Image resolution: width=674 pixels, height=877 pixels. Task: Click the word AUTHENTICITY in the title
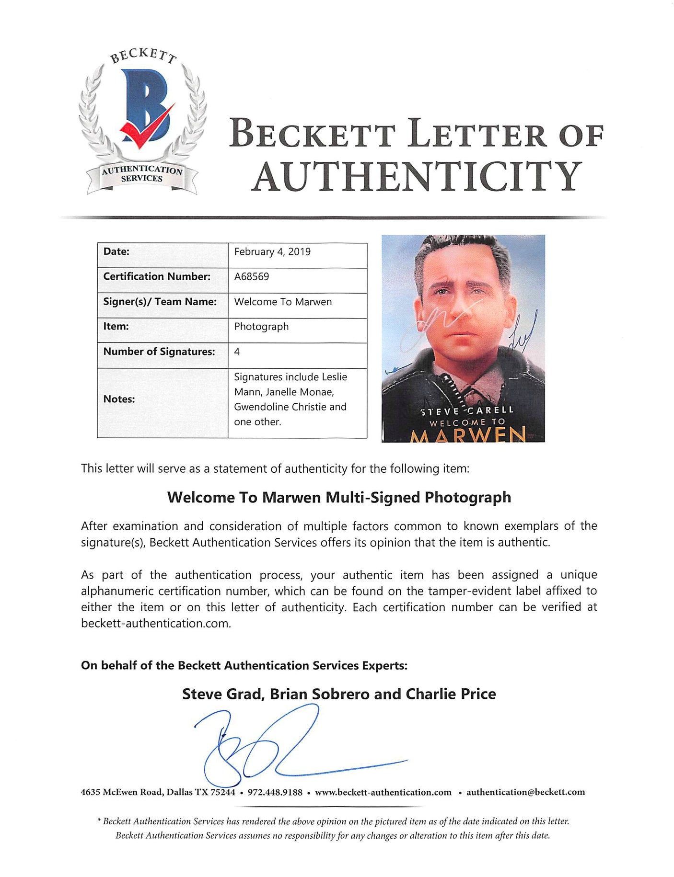coord(417,176)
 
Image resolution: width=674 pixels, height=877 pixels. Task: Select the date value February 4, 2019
coord(272,252)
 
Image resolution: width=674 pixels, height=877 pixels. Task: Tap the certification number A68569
coord(252,277)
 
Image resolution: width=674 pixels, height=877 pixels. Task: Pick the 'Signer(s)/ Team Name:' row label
coord(160,302)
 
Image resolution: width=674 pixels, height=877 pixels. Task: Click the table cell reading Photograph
coord(261,327)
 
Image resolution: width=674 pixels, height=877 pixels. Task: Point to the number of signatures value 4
coord(237,352)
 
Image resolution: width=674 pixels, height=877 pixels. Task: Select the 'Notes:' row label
coord(119,399)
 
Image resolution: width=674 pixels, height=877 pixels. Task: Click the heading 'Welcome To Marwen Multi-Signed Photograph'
coord(339,498)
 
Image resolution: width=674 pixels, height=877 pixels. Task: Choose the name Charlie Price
coord(451,694)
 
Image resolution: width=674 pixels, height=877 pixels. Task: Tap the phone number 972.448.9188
coord(275,792)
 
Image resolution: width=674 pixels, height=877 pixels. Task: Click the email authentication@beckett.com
coord(525,792)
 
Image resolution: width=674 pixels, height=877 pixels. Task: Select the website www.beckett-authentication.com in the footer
coord(383,792)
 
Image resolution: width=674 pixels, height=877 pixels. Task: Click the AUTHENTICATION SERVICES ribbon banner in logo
coord(142,174)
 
